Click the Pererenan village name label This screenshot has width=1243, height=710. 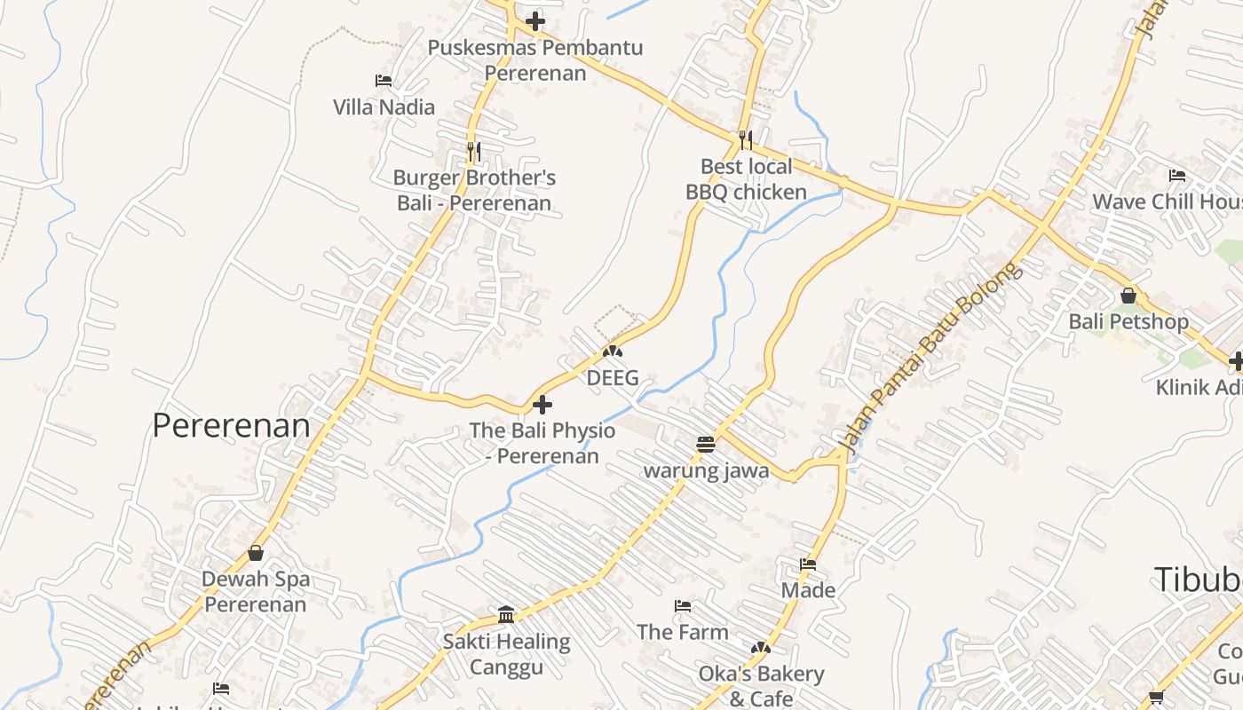coord(231,425)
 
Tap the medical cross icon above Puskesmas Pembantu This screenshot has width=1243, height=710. coord(535,21)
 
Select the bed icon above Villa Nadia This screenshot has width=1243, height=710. coord(384,81)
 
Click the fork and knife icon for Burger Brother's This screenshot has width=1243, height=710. coord(474,152)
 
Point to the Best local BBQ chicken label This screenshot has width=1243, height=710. coord(746,179)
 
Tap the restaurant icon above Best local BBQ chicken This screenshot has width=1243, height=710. coord(746,139)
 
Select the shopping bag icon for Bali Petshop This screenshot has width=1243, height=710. coord(1128,295)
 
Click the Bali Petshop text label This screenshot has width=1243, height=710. coord(1128,321)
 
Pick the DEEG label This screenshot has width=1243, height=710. coord(613,378)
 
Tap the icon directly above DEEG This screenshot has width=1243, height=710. coord(613,352)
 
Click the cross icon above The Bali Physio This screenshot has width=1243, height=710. coord(542,406)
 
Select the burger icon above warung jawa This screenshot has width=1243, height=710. coord(706,445)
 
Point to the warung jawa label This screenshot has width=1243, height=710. coord(706,470)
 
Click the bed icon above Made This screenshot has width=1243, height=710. coord(808,564)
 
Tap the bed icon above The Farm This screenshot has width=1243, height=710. coord(683,606)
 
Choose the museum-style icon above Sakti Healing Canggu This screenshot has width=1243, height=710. coord(506,614)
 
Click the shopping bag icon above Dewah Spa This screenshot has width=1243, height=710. coord(256,553)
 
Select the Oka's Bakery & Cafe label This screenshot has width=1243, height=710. coord(761,686)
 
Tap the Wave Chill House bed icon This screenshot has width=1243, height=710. coord(1177,176)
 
